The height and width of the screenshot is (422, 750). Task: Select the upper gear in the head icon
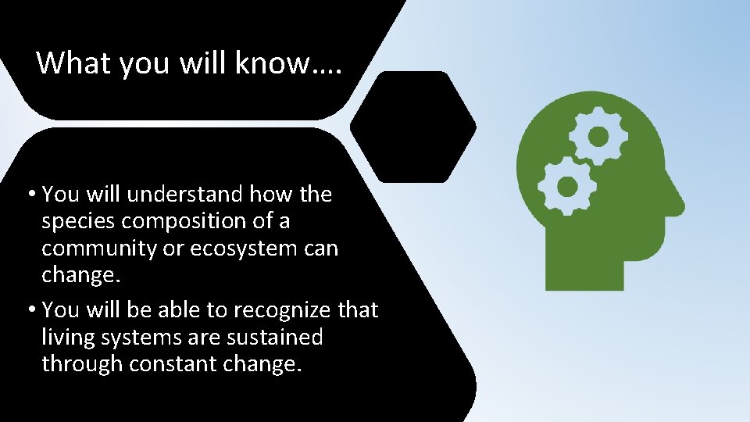(598, 138)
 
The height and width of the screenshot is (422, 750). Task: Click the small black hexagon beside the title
(412, 127)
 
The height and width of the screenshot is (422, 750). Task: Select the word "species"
(80, 221)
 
